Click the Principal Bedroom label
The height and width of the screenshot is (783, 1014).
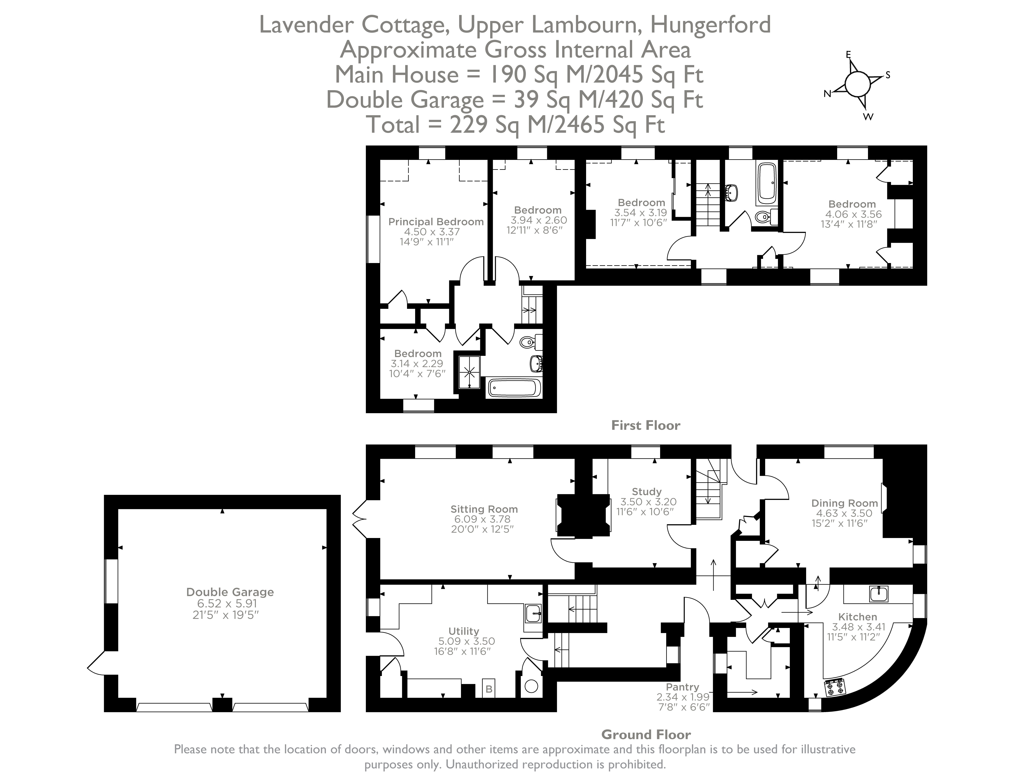point(435,222)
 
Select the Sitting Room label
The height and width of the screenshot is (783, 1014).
point(484,509)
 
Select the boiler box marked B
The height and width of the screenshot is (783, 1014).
point(488,689)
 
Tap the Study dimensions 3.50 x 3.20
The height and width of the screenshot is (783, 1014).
point(648,502)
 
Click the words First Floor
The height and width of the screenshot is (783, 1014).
point(645,425)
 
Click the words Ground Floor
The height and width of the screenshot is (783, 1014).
point(646,734)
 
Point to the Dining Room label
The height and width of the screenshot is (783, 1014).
point(844,503)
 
